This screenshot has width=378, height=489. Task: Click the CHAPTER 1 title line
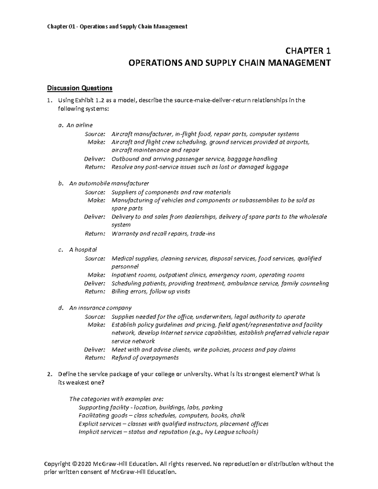tap(308, 51)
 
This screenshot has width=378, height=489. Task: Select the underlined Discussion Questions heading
tap(79, 88)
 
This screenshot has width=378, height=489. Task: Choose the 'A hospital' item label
tap(83, 250)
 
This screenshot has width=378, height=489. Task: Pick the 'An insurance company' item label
tap(100, 308)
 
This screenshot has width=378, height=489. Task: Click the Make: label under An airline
tap(96, 142)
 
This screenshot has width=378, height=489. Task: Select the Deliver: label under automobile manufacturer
tap(94, 217)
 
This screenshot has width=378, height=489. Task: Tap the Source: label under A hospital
tap(95, 259)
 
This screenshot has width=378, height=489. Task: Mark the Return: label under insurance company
tap(95, 358)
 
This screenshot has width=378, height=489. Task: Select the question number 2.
tap(49, 374)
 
